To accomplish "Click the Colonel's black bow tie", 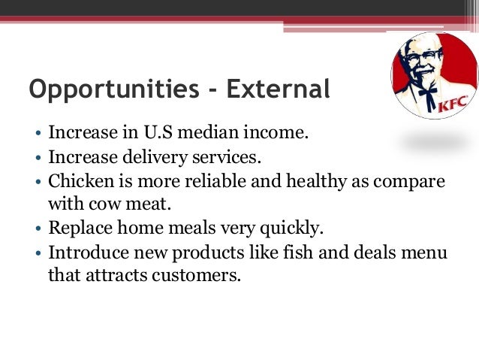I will (x=428, y=94).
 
